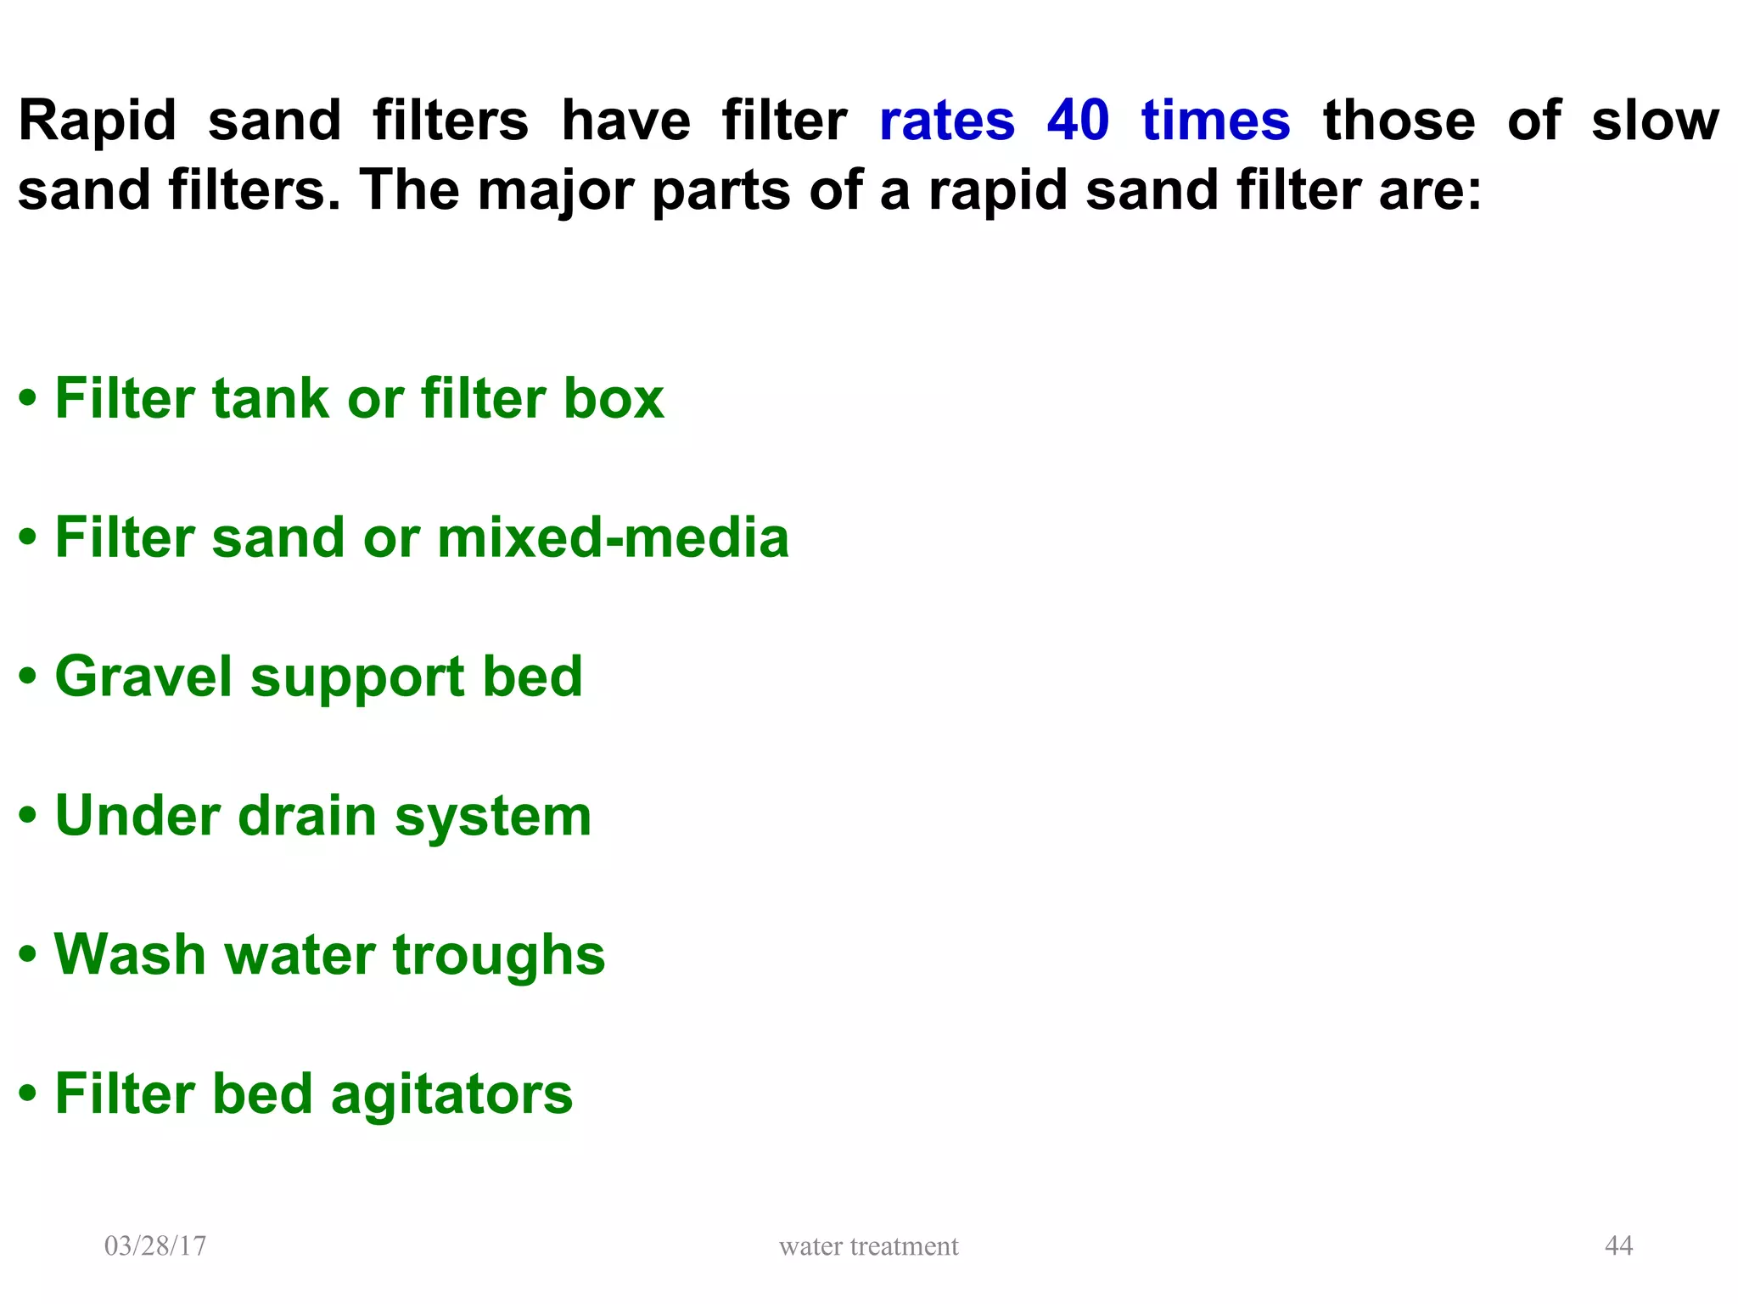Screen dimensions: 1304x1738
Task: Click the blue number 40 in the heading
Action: coord(1077,121)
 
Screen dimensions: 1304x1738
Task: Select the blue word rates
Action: coord(946,121)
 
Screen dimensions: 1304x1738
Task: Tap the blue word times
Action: coord(1215,121)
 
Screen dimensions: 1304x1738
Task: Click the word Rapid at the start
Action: coord(98,121)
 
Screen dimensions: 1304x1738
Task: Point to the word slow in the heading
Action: coord(1654,121)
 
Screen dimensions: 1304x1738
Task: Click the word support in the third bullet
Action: coord(356,679)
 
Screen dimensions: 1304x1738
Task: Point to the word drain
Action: coord(306,816)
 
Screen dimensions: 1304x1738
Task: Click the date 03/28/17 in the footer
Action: coord(155,1245)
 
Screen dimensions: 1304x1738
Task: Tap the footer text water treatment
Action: coord(868,1246)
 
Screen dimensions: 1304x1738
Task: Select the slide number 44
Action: coord(1618,1245)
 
